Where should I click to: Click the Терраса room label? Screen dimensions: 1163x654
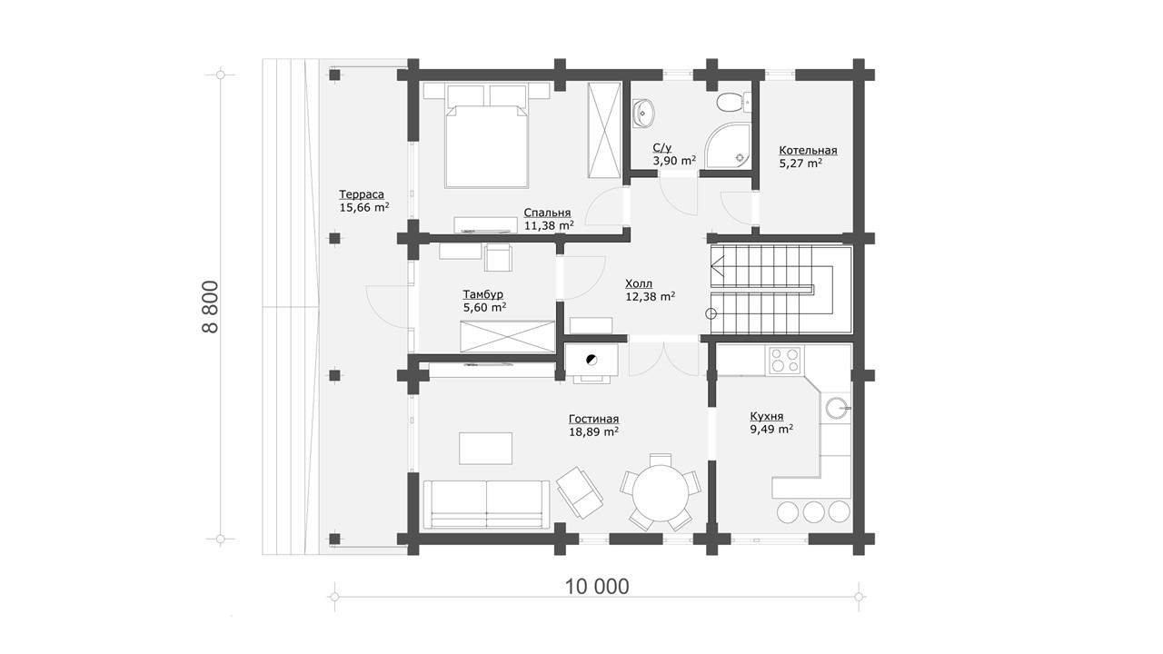click(x=362, y=194)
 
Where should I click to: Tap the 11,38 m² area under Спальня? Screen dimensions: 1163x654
click(x=549, y=226)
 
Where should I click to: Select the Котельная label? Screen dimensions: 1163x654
click(x=808, y=151)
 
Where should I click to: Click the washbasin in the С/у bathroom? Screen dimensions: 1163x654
click(x=644, y=112)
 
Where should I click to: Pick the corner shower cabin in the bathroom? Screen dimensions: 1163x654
click(x=728, y=146)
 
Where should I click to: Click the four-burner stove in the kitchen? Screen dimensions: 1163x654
click(x=784, y=359)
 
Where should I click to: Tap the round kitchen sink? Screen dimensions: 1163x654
click(x=836, y=408)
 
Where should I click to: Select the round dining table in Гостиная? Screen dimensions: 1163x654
click(x=661, y=493)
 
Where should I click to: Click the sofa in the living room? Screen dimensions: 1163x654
click(x=486, y=504)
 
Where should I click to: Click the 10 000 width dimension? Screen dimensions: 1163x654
click(x=597, y=587)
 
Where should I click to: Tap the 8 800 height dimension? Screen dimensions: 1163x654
click(x=210, y=307)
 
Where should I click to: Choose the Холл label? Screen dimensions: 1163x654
click(x=639, y=284)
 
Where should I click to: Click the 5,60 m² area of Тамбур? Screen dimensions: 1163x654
click(x=485, y=307)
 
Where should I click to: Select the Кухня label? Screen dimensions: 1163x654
click(x=766, y=416)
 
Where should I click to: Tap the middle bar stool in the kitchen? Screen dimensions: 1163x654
click(x=813, y=511)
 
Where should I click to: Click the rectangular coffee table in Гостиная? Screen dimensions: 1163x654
click(x=485, y=449)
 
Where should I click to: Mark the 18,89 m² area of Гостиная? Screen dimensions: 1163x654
click(x=593, y=431)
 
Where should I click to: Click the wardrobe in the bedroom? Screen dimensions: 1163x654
click(x=604, y=130)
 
